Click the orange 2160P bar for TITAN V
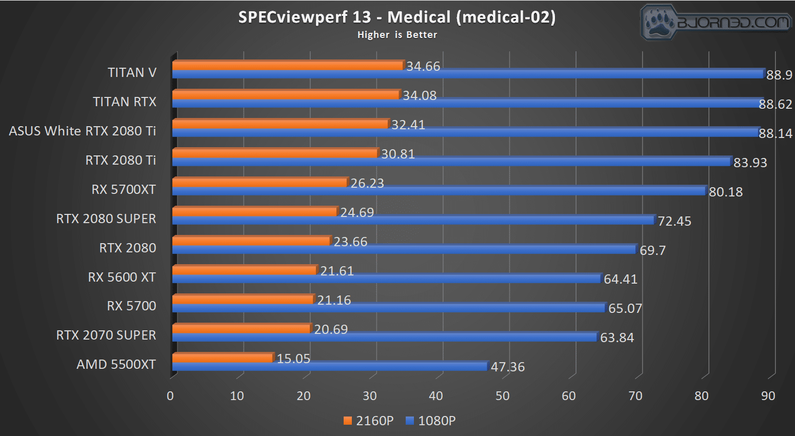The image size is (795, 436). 287,65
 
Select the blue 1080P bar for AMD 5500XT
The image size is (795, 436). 329,366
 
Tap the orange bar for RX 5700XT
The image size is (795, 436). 260,182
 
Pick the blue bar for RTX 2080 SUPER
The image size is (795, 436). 413,220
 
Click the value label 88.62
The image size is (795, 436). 775,104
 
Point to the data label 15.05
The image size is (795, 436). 293,359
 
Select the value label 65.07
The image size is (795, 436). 625,308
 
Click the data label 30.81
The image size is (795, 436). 397,154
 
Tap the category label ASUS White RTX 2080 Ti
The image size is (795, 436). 82,131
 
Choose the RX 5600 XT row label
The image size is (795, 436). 122,277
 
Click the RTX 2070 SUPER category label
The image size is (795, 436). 106,335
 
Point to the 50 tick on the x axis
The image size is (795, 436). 503,396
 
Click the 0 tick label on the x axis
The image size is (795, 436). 170,396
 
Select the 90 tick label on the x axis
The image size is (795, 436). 768,396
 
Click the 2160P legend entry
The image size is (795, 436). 369,421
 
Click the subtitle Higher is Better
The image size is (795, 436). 397,35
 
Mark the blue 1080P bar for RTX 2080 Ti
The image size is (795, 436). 451,162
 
